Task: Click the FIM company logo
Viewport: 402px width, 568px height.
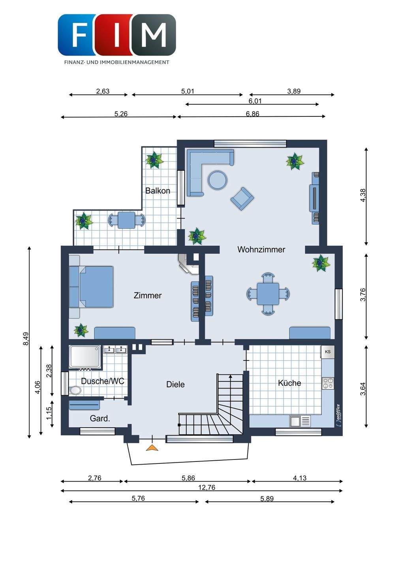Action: [117, 35]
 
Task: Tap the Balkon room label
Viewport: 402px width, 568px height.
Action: [158, 191]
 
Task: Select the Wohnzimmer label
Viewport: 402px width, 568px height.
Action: [261, 249]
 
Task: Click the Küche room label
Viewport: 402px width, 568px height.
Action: [289, 383]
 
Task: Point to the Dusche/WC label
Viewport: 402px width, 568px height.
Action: [102, 381]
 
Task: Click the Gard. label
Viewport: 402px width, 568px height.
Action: [100, 419]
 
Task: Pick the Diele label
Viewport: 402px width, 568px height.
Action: [175, 384]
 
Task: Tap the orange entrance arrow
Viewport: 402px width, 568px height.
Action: [152, 448]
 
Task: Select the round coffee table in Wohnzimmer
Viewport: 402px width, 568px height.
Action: [218, 180]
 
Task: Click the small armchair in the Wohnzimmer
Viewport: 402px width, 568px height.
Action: [242, 198]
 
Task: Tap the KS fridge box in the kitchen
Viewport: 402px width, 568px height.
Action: [327, 351]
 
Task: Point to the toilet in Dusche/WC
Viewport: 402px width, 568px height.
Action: [75, 390]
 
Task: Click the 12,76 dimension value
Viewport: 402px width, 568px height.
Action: [207, 488]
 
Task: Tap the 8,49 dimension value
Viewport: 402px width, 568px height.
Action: [26, 339]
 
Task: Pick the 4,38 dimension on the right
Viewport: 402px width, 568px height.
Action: [363, 195]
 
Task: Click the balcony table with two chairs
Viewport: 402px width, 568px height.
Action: [127, 220]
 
